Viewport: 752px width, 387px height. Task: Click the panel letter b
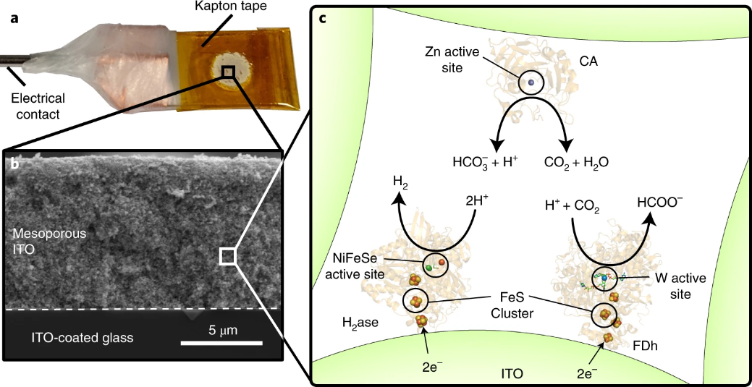[15, 164]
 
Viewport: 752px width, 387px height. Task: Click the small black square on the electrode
[228, 71]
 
